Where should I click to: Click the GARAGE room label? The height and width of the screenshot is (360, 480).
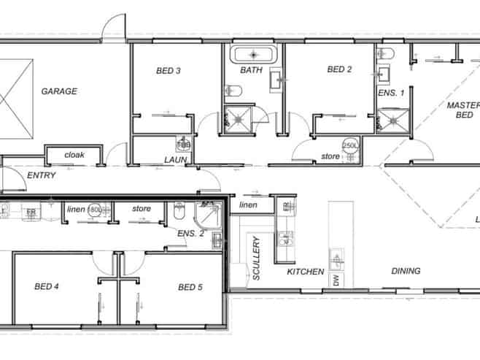click(59, 92)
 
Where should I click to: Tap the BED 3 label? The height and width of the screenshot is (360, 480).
click(169, 71)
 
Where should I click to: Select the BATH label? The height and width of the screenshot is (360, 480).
click(252, 71)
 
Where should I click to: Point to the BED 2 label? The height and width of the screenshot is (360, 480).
click(339, 70)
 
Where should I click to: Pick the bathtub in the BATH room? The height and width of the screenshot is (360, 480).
click(252, 54)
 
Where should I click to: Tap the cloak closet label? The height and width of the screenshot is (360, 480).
click(74, 155)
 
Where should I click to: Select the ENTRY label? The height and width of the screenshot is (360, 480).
click(42, 176)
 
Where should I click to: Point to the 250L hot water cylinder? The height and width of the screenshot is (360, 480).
click(351, 145)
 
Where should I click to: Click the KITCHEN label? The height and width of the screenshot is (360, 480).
click(305, 272)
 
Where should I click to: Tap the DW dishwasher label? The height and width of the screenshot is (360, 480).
click(336, 280)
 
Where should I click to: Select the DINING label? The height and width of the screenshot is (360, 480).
click(406, 271)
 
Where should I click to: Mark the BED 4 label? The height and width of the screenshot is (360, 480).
click(47, 287)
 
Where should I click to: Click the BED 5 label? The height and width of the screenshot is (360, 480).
click(190, 287)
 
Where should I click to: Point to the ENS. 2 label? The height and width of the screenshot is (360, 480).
click(191, 233)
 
